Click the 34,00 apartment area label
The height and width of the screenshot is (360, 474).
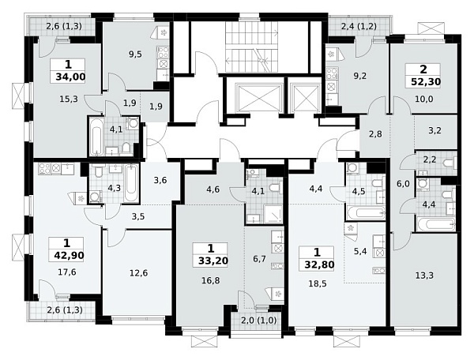coord(70,77)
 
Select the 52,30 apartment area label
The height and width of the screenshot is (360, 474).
coord(426,81)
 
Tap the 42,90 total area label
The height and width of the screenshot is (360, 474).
coord(69,256)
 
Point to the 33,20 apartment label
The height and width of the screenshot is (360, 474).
coord(213,261)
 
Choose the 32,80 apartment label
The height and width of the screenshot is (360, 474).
coord(319,264)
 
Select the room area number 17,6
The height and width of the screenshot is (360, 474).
coord(67,272)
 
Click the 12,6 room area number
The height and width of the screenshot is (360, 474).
coord(139,273)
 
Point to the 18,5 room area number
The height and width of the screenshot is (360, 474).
coord(318,283)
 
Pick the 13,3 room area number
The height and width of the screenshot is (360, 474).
coord(424,276)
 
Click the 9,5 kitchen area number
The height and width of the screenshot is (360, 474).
coord(135,54)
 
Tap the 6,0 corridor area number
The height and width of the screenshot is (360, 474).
coord(403,183)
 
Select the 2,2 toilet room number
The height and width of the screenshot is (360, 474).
coord(429,159)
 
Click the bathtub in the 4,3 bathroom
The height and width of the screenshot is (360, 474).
coord(132,183)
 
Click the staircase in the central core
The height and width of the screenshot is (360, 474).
coord(251,47)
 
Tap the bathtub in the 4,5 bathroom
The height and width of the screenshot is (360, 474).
coord(366,212)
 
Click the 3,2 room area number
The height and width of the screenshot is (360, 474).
coord(434,130)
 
